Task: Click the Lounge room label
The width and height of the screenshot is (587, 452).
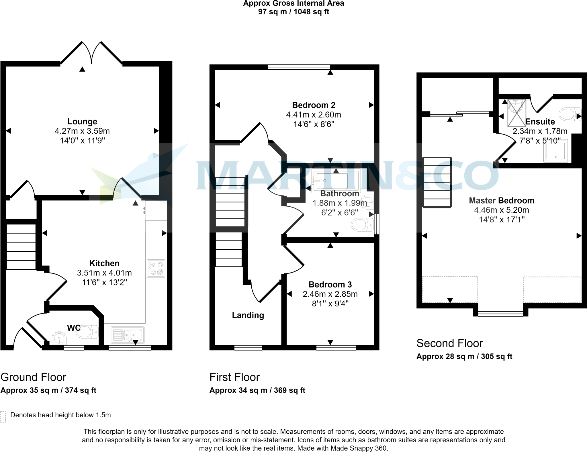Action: pyautogui.click(x=82, y=122)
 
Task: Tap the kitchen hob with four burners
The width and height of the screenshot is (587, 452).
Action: pyautogui.click(x=156, y=269)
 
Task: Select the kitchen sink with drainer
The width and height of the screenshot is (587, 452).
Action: pyautogui.click(x=128, y=335)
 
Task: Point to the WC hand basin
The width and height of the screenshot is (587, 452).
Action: pyautogui.click(x=59, y=338)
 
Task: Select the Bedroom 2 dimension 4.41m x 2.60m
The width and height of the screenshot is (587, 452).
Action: pyautogui.click(x=314, y=115)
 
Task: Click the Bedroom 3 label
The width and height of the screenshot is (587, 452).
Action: pyautogui.click(x=330, y=285)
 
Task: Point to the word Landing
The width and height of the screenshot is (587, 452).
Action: pyautogui.click(x=248, y=315)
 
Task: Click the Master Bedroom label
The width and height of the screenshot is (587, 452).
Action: pyautogui.click(x=501, y=201)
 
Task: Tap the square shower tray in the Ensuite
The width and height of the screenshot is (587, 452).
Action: pyautogui.click(x=556, y=151)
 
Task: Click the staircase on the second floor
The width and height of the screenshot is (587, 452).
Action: pyautogui.click(x=437, y=182)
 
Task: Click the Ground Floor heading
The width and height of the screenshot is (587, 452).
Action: pyautogui.click(x=33, y=377)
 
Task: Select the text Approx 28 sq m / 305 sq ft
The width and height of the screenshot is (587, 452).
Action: pyautogui.click(x=464, y=357)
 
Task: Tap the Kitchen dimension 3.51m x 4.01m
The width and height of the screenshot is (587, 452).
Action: pyautogui.click(x=104, y=273)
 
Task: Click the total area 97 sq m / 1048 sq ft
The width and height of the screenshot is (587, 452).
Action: pyautogui.click(x=293, y=12)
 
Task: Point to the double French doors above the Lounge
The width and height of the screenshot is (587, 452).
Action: pyautogui.click(x=91, y=53)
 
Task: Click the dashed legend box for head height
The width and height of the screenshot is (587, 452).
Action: pyautogui.click(x=3, y=417)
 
